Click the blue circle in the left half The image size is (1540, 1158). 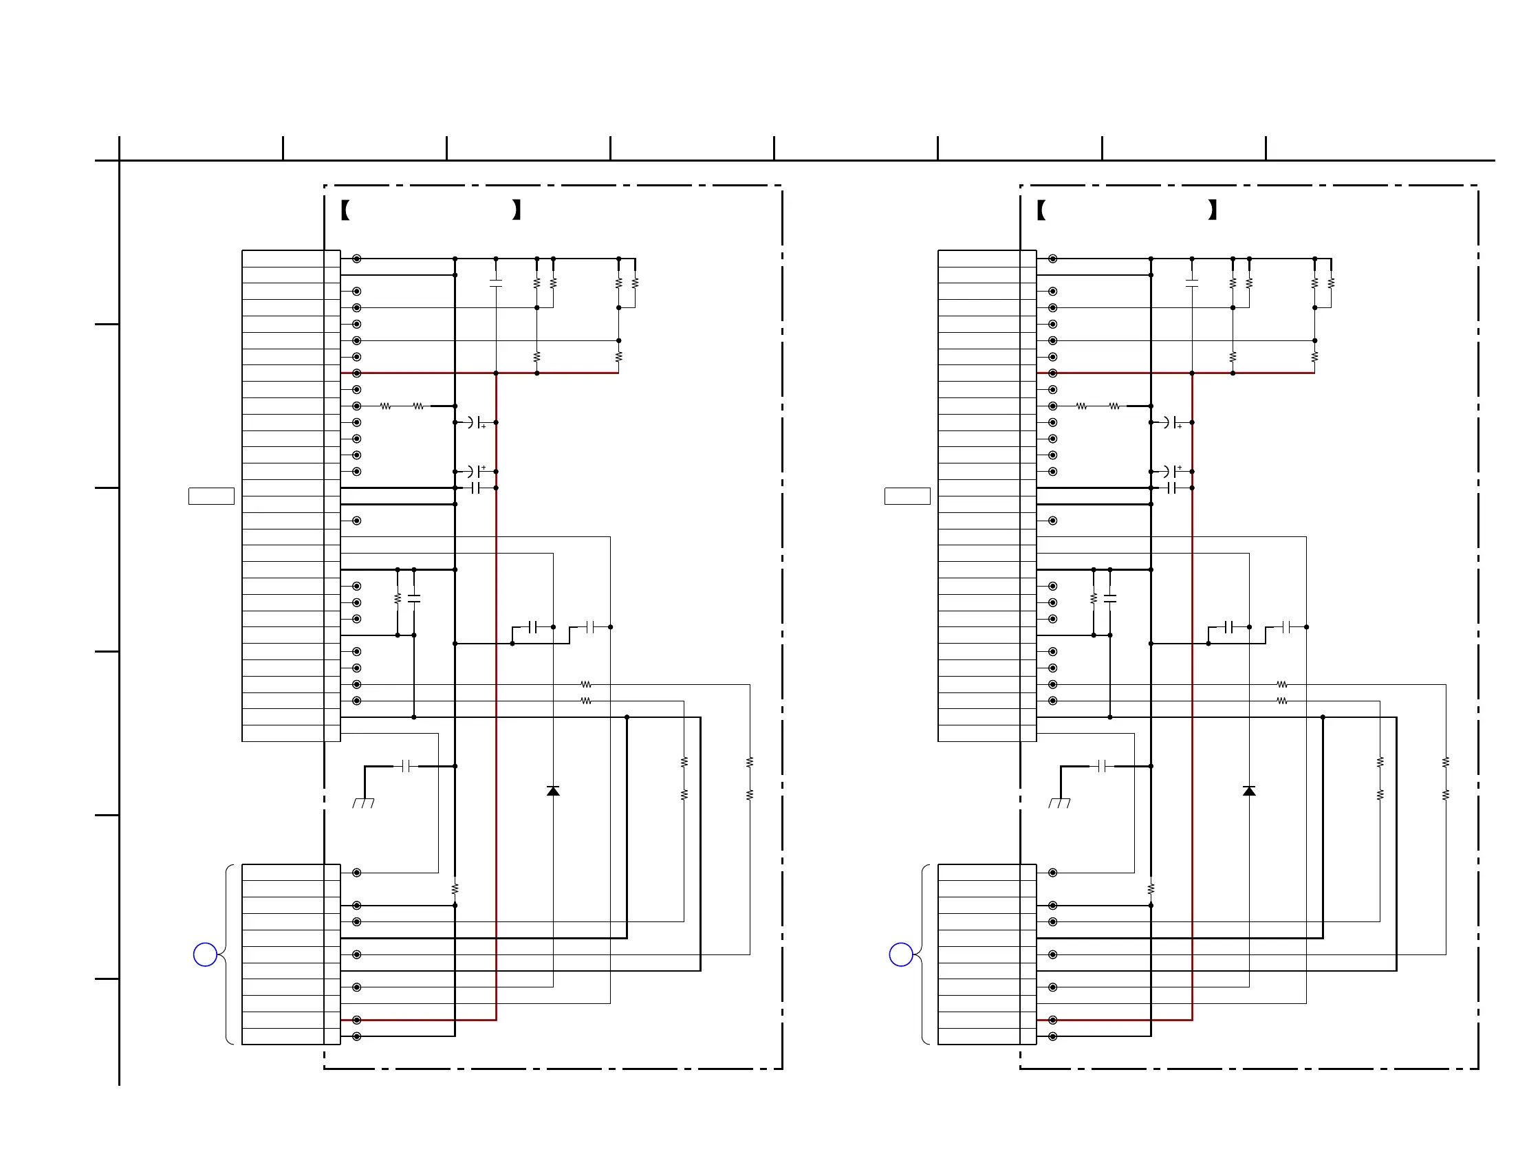tap(205, 954)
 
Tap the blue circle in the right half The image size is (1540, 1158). tap(901, 954)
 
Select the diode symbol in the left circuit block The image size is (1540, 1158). tap(553, 791)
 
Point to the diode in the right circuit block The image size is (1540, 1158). tap(1249, 791)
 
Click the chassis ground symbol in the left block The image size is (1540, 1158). tap(363, 802)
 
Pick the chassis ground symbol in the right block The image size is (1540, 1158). tap(1060, 802)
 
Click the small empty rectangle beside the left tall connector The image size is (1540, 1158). tap(211, 496)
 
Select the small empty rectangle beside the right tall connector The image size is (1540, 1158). tap(907, 496)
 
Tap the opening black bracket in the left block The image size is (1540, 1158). tap(345, 210)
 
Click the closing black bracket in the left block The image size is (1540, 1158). tap(517, 210)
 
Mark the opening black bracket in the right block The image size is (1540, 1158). tap(1041, 210)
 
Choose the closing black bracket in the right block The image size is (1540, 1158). tap(1213, 210)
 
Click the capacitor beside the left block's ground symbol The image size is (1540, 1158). tap(406, 766)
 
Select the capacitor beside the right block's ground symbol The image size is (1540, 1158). tap(1103, 766)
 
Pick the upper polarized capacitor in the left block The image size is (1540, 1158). tap(476, 422)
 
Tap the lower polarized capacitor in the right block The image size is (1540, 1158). tap(1173, 471)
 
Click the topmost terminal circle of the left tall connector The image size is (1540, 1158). tap(356, 259)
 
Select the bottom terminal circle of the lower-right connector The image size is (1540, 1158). tap(1052, 1036)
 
